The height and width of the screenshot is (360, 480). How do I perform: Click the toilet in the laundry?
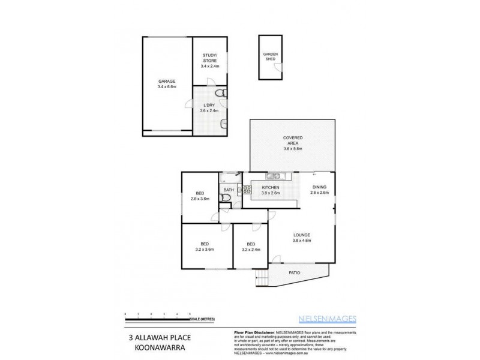pyautogui.click(x=221, y=94)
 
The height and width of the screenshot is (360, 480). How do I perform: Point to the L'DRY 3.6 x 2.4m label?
pyautogui.click(x=209, y=107)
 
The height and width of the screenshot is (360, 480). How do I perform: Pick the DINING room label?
pyautogui.click(x=319, y=190)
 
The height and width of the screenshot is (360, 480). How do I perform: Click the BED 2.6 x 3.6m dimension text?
pyautogui.click(x=200, y=198)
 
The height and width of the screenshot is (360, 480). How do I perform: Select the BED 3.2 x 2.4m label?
pyautogui.click(x=251, y=247)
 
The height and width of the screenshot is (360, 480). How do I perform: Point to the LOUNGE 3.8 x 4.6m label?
pyautogui.click(x=302, y=237)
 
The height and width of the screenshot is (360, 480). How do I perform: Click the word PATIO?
pyautogui.click(x=294, y=272)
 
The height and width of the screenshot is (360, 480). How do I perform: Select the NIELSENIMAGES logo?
pyautogui.click(x=327, y=319)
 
